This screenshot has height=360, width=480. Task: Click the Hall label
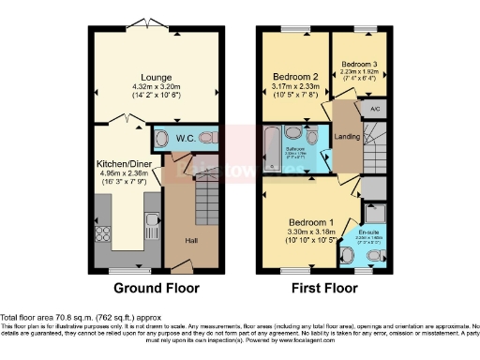pos(192,241)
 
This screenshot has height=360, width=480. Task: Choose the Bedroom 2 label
pos(295,78)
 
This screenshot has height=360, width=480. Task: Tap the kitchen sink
pos(152,225)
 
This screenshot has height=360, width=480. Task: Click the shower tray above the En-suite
pos(373,191)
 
